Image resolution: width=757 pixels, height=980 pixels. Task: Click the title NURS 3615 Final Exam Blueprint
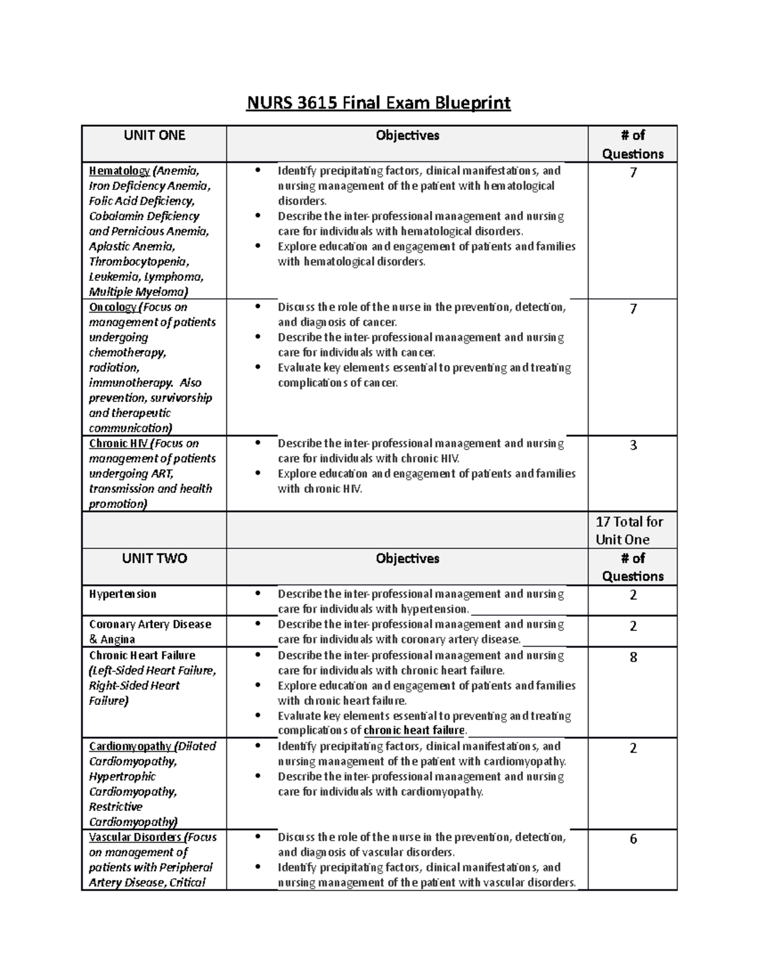click(378, 102)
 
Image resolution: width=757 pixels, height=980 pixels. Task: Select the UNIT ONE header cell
click(154, 135)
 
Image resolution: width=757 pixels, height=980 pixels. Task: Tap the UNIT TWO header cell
click(154, 558)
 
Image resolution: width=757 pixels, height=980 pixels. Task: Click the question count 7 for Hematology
click(633, 172)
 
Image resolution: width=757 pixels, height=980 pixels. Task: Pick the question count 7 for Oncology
click(633, 309)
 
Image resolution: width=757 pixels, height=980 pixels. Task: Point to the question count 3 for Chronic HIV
click(633, 445)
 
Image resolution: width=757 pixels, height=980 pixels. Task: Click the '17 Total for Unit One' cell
click(629, 530)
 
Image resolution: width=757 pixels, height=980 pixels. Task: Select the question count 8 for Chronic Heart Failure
click(633, 657)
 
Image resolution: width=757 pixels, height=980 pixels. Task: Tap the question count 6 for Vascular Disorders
click(633, 839)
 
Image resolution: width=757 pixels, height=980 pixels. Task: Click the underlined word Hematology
click(119, 170)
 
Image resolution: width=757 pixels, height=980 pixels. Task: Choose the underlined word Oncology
click(112, 307)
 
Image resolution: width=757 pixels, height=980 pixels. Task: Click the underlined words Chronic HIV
click(118, 443)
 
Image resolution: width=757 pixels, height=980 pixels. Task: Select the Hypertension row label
click(122, 594)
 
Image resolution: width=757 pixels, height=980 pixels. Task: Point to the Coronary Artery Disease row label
click(150, 624)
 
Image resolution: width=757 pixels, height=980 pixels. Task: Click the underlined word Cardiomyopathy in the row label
click(130, 746)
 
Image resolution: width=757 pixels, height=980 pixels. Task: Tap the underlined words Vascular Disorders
click(135, 837)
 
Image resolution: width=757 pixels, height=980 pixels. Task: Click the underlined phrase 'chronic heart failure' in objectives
click(414, 731)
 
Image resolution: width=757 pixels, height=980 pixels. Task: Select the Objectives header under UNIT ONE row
click(408, 135)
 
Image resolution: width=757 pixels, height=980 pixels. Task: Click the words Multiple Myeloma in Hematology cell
click(137, 292)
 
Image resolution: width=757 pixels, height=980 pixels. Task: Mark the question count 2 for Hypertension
click(633, 595)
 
